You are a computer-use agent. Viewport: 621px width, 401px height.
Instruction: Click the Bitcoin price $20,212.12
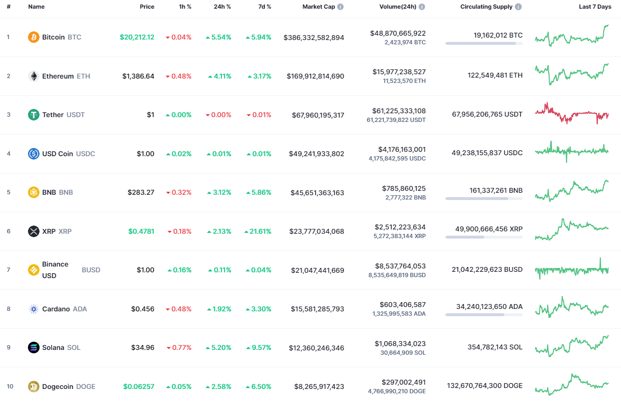point(137,37)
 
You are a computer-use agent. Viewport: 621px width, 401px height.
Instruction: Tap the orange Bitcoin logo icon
point(34,37)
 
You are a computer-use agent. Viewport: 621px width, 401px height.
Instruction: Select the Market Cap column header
point(318,7)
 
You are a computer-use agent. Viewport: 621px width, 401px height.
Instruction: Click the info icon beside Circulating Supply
point(518,7)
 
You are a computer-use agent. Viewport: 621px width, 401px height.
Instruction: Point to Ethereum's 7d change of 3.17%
point(259,76)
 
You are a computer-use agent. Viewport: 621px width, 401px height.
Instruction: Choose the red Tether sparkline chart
point(572,114)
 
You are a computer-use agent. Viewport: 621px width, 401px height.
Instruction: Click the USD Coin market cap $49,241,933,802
point(316,154)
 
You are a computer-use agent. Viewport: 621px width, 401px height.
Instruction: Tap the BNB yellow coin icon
point(34,192)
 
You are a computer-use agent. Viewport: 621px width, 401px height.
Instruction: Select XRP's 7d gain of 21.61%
point(258,231)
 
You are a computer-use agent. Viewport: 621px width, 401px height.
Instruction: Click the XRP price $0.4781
point(141,231)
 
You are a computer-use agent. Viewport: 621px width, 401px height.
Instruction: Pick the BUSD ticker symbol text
point(91,270)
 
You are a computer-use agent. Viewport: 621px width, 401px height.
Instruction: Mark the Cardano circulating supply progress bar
point(484,315)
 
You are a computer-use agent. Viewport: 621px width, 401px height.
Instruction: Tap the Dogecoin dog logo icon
point(34,387)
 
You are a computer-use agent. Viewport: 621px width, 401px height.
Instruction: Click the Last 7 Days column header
point(595,7)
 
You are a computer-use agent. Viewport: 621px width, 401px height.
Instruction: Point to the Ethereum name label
point(58,76)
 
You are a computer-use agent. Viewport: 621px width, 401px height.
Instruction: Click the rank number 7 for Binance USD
point(8,270)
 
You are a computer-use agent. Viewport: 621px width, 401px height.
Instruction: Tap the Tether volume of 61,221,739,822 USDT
point(396,120)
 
